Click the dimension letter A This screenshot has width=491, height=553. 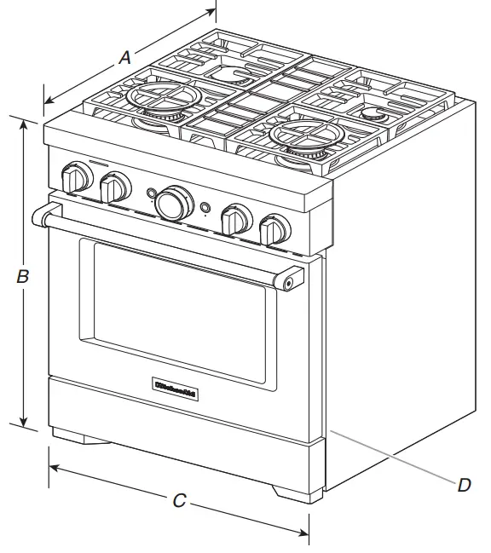click(x=124, y=58)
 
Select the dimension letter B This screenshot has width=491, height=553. click(x=24, y=276)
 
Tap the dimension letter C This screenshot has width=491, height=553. click(x=179, y=501)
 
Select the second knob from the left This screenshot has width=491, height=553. click(x=114, y=187)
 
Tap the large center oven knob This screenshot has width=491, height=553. click(x=173, y=203)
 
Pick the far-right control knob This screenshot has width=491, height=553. click(x=274, y=229)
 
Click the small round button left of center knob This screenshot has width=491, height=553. click(x=151, y=193)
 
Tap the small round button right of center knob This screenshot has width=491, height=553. click(x=205, y=206)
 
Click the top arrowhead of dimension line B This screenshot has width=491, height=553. click(x=24, y=122)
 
